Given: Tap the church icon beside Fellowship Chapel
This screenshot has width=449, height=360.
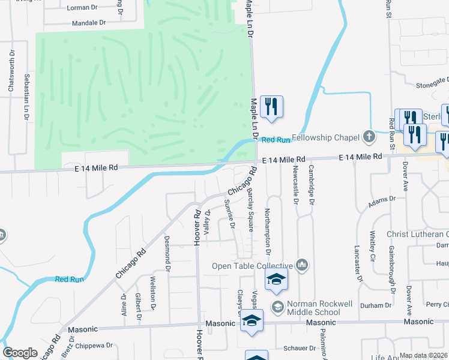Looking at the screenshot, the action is click(x=369, y=137).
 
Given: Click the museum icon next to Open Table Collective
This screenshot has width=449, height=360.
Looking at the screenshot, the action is click(x=302, y=265).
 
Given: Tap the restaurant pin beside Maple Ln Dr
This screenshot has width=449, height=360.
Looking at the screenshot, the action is click(x=271, y=107).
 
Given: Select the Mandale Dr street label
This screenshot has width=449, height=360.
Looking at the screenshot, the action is click(x=88, y=23).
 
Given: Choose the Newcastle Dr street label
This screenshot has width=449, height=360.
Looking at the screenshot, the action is click(x=295, y=181).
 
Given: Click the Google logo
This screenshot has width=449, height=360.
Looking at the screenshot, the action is click(x=20, y=353).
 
